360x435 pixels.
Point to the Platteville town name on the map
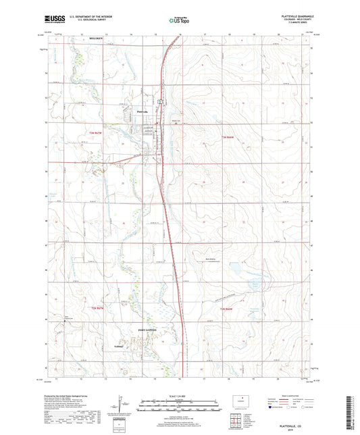click(x=142, y=111)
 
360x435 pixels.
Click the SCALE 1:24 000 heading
click(x=179, y=396)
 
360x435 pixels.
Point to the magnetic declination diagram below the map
click(x=122, y=404)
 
